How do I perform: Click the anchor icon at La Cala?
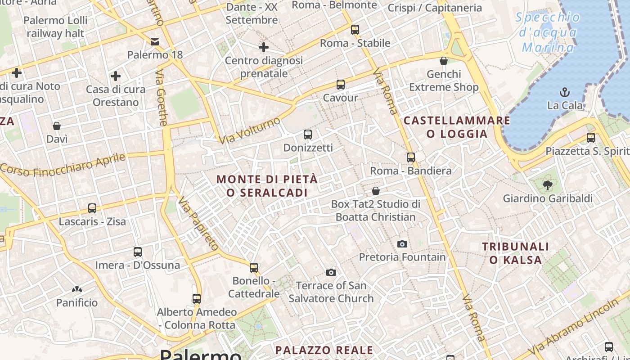[x=564, y=92]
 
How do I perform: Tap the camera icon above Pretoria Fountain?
[x=402, y=244]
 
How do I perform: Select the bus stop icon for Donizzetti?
[x=308, y=134]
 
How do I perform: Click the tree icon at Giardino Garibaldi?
[x=547, y=184]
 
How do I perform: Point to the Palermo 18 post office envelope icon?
[x=155, y=42]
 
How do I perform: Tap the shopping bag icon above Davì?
[x=57, y=126]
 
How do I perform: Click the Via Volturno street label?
[x=250, y=130]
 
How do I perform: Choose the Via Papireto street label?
[x=198, y=224]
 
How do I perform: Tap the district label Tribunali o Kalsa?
[x=516, y=253]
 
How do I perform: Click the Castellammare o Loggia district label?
[x=457, y=127]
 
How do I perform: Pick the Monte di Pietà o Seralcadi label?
[x=267, y=185]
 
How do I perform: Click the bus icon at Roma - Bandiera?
[x=410, y=157]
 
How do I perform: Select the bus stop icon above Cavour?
[x=341, y=84]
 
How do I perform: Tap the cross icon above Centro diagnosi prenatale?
[x=264, y=47]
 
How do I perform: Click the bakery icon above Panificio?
[x=77, y=289]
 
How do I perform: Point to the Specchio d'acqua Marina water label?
[x=548, y=32]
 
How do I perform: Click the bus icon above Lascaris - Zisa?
[x=92, y=208]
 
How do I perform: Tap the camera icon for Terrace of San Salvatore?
[x=331, y=272]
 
